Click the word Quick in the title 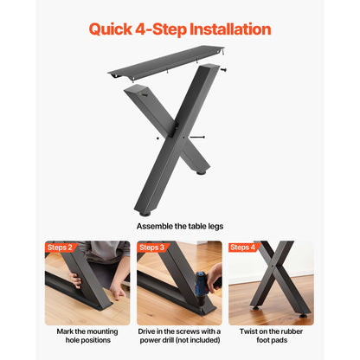(111, 29)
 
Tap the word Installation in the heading (230, 29)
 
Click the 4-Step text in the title (161, 29)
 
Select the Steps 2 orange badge (60, 247)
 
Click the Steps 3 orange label (151, 247)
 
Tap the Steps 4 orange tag (242, 247)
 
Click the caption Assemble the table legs (180, 227)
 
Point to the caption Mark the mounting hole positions (87, 336)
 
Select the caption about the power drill (180, 336)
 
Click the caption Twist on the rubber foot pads (271, 336)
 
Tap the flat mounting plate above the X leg (166, 63)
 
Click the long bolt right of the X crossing (197, 137)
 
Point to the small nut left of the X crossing (157, 138)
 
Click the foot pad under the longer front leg (145, 214)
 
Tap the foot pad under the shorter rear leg (201, 172)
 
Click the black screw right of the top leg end (223, 69)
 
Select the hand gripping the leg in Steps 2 (76, 280)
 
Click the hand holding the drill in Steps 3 (214, 276)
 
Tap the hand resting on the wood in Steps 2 (118, 291)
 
